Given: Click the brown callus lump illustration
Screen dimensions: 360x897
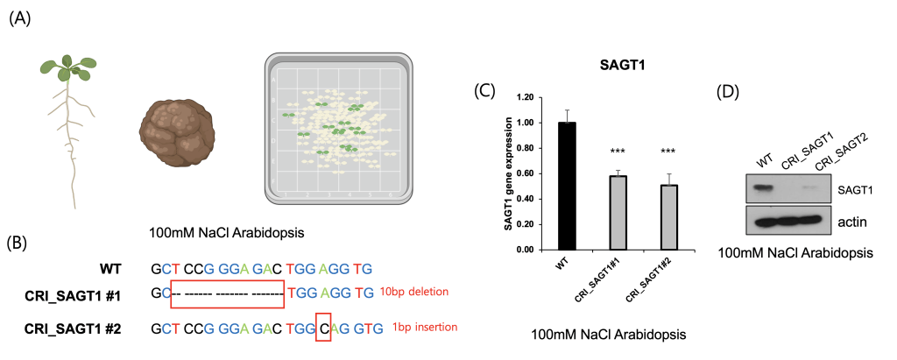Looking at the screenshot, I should (x=175, y=130).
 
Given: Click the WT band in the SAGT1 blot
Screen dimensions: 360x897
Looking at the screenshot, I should (x=765, y=187).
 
